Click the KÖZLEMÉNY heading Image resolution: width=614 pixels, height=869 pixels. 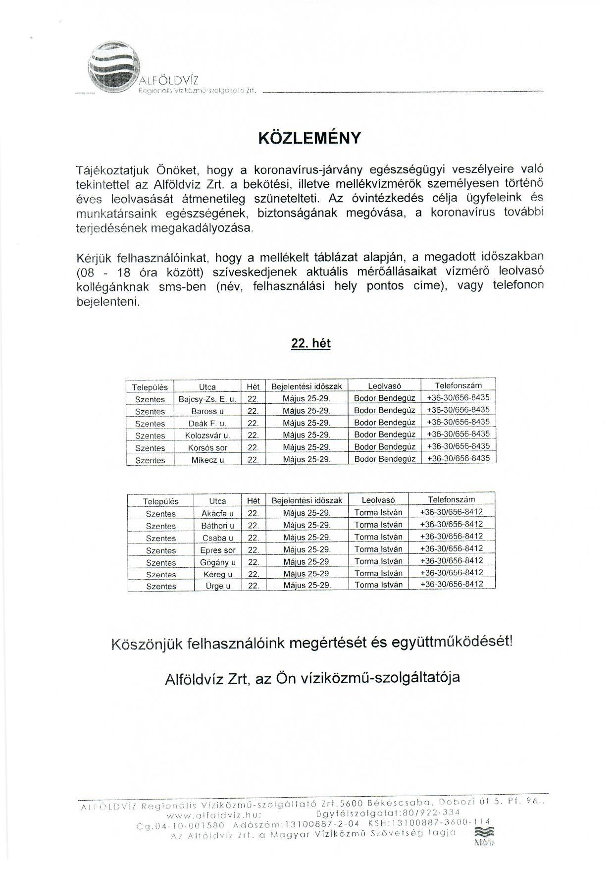coord(310,138)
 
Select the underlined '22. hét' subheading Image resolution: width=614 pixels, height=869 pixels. coord(311,343)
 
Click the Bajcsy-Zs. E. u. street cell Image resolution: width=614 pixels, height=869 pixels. coord(207,399)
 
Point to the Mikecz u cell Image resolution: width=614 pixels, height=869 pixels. coord(207,460)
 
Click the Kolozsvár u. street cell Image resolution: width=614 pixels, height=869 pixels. coord(207,435)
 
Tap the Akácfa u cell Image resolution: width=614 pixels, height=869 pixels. coord(217,513)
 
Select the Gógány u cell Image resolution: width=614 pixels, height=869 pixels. coord(217,562)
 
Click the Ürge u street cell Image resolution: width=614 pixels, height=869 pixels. coord(217,586)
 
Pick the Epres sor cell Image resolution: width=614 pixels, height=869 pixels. coord(217,550)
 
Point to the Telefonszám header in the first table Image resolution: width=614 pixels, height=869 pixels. coord(458,385)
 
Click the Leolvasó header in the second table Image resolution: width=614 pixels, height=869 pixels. coord(378,500)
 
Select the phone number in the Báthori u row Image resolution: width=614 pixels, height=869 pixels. coord(451,524)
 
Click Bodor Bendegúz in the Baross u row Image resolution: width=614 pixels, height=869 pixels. coord(384,410)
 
